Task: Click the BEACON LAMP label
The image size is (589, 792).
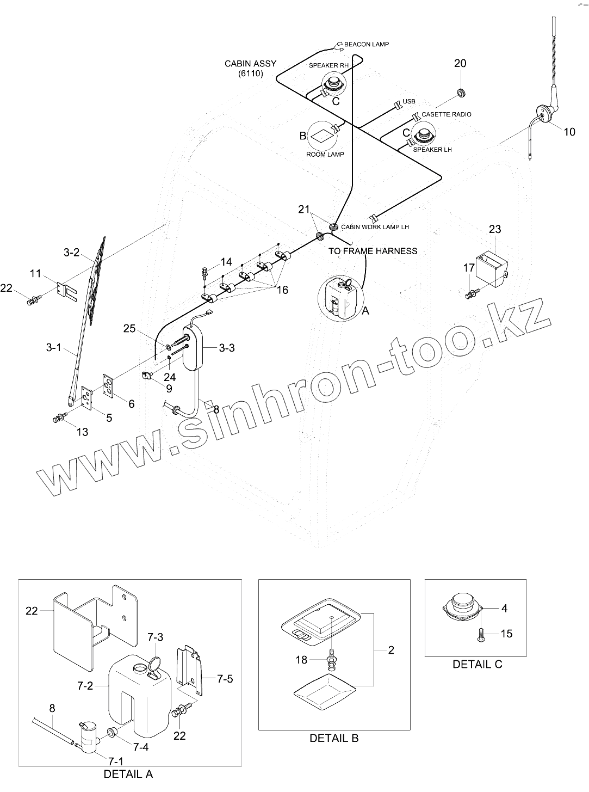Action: pos(367,44)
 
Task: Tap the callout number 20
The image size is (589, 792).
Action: pos(460,64)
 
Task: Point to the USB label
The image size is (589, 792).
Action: pos(409,102)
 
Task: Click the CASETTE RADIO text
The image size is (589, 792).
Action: pos(446,114)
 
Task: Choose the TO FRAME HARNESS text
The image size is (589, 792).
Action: pos(373,251)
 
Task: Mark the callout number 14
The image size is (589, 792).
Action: pos(226,262)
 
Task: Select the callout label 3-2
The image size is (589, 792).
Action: pos(71,253)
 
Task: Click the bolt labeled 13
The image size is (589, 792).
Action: pos(58,419)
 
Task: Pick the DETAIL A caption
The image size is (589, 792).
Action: pos(128,773)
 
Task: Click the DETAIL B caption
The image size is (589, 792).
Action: pos(334,738)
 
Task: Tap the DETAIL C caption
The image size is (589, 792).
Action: pos(478,664)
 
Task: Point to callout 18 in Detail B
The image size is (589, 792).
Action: pos(301,660)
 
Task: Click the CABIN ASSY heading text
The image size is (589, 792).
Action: pos(250,64)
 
